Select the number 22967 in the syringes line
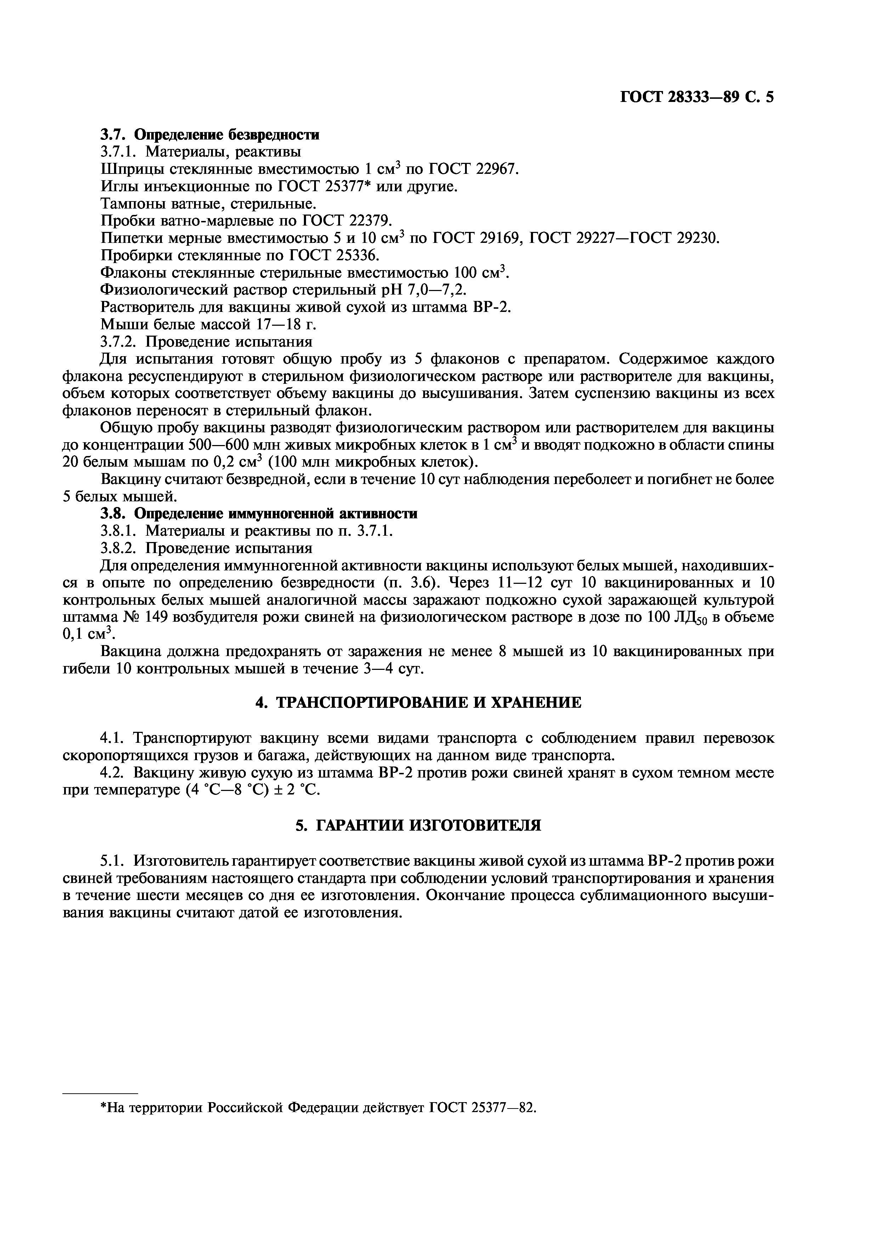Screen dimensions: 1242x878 [496, 169]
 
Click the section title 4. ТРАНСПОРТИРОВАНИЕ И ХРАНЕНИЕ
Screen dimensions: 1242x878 [418, 703]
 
